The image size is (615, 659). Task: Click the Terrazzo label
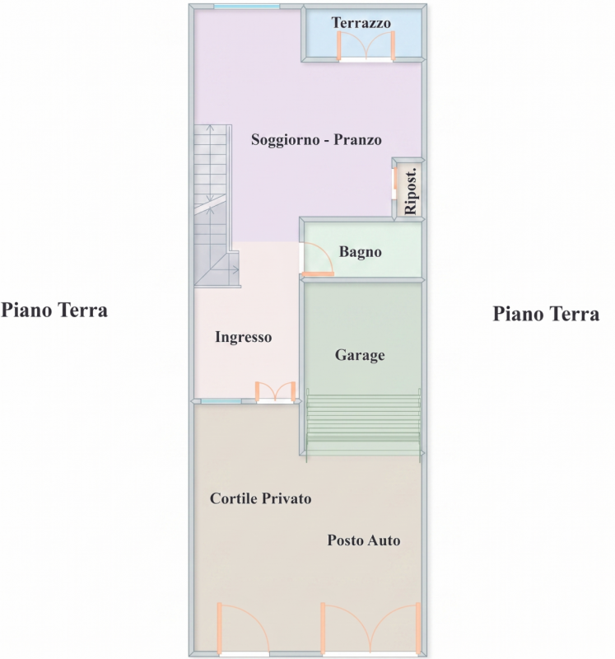(x=361, y=23)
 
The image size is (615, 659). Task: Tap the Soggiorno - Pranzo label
(x=316, y=139)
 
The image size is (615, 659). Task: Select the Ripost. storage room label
(x=411, y=192)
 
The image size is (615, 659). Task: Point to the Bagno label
(x=360, y=252)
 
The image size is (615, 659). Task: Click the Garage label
(x=360, y=355)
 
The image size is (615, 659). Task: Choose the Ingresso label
(x=243, y=337)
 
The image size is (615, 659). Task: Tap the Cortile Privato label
(x=260, y=498)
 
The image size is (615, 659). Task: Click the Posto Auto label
(x=363, y=540)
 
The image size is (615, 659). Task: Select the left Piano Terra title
(x=54, y=311)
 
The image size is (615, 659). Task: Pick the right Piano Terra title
(x=546, y=314)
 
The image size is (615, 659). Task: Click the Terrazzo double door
(x=366, y=46)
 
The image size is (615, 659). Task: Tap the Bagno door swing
(x=318, y=259)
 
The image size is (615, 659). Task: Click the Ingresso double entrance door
(x=275, y=392)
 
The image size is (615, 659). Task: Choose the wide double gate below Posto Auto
(x=370, y=629)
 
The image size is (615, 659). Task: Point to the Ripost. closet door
(x=395, y=184)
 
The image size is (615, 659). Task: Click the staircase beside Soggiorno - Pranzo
(x=216, y=206)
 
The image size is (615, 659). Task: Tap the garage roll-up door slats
(x=363, y=424)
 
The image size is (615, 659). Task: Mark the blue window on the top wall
(x=246, y=7)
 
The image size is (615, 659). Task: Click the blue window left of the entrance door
(x=221, y=401)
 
